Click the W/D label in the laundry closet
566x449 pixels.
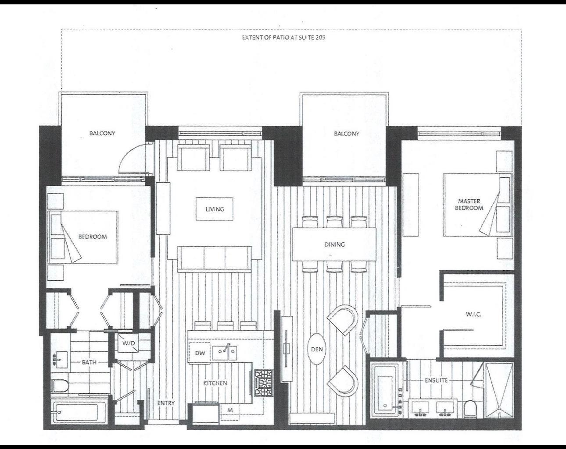coord(129,343)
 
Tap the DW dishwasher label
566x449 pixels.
coord(200,353)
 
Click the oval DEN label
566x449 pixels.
coord(317,349)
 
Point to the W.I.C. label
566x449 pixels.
coord(473,314)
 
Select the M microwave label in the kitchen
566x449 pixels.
coord(230,410)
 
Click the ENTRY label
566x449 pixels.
coord(166,403)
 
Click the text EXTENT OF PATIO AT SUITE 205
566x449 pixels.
coord(283,37)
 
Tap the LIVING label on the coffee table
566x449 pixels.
coord(215,209)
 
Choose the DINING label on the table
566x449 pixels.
coord(334,244)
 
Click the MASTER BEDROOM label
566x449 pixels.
coord(469,205)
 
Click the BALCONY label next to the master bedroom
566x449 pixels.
coord(346,134)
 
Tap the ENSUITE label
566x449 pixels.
coord(436,380)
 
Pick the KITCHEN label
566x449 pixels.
coord(215,383)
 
